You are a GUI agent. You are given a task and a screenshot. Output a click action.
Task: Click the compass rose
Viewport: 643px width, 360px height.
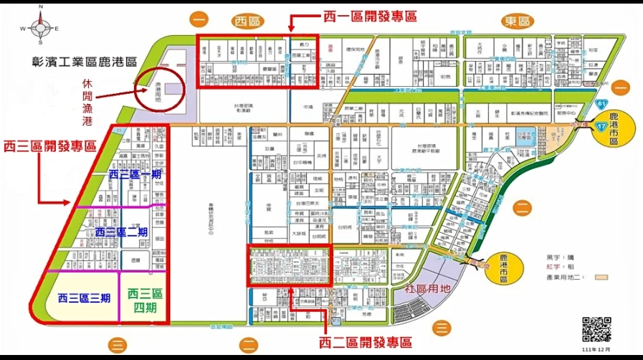click(40, 27)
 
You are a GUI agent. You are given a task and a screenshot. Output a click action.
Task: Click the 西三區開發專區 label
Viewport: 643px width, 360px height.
click(50, 146)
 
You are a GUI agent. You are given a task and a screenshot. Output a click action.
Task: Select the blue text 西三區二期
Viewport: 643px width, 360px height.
click(121, 232)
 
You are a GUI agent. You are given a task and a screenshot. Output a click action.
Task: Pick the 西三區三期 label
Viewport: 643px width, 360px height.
click(85, 297)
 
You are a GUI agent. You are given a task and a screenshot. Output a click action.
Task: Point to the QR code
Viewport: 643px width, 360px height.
click(596, 329)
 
